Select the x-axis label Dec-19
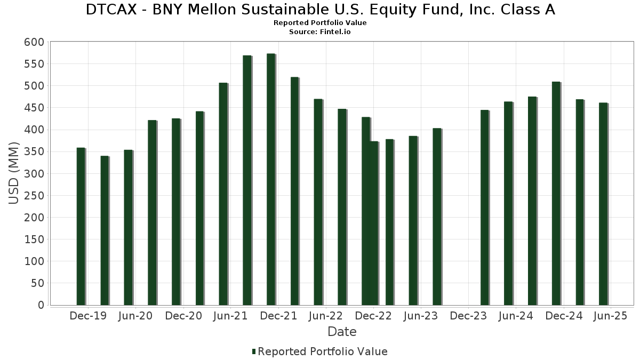pos(88,316)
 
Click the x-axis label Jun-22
pos(325,316)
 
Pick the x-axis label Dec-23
pos(468,316)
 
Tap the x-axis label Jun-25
pos(611,316)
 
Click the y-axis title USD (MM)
pos(14,173)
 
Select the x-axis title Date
pos(342,332)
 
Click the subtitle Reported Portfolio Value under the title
pos(320,23)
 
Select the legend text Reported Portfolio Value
pos(323,351)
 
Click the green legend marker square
pos(254,351)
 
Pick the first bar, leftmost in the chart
pos(81,226)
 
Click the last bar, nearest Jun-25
pos(603,204)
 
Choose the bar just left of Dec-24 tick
pos(556,193)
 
